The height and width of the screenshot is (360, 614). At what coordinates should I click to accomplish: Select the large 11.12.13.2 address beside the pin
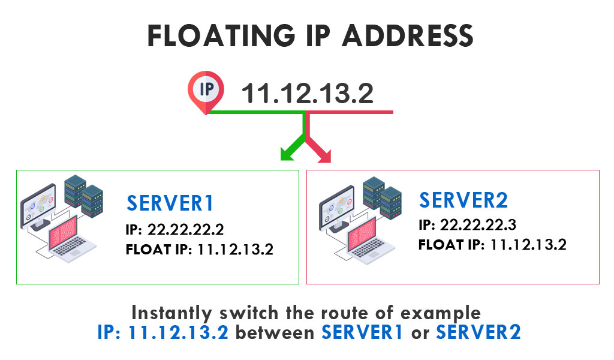pos(307,94)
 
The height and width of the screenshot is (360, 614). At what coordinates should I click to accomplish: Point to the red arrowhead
pos(324,155)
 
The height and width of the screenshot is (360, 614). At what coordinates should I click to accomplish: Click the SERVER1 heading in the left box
pos(170,204)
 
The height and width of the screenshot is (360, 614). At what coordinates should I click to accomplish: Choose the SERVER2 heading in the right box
pos(463,200)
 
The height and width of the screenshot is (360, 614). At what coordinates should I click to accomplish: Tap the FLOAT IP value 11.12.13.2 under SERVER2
pos(528,244)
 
